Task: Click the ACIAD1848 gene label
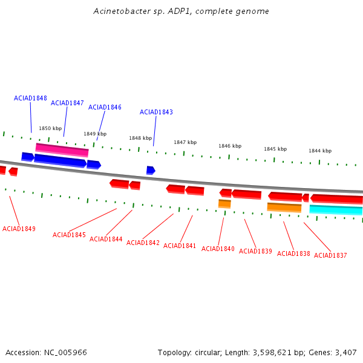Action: [30, 98]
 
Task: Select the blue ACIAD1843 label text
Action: [156, 112]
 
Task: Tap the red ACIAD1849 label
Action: [19, 229]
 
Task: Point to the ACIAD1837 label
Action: [330, 255]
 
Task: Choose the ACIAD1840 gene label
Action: [218, 249]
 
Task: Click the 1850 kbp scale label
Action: [50, 128]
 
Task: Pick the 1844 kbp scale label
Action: [320, 151]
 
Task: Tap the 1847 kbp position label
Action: [185, 142]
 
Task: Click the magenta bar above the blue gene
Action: [62, 150]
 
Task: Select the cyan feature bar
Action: [336, 210]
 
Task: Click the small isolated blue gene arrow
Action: [151, 171]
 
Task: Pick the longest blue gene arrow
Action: [60, 161]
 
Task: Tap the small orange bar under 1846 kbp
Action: [224, 204]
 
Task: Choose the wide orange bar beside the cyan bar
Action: [284, 208]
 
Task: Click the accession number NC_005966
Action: [65, 353]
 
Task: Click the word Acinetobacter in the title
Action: [122, 11]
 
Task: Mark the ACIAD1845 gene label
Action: [69, 235]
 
